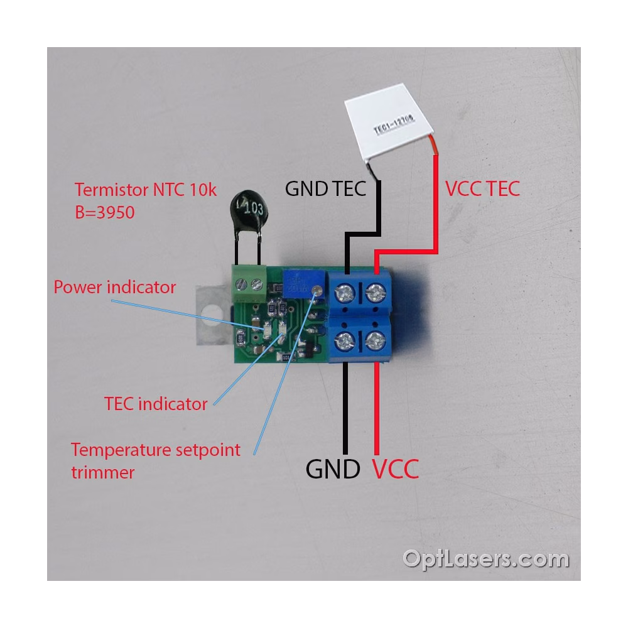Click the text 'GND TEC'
pyautogui.click(x=325, y=188)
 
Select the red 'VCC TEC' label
pyautogui.click(x=482, y=188)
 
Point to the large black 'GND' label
pyautogui.click(x=333, y=468)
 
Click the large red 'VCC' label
pyautogui.click(x=396, y=468)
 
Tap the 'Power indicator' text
pyautogui.click(x=114, y=288)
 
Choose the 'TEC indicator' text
pyautogui.click(x=155, y=403)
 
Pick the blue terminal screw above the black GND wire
pyautogui.click(x=346, y=340)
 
